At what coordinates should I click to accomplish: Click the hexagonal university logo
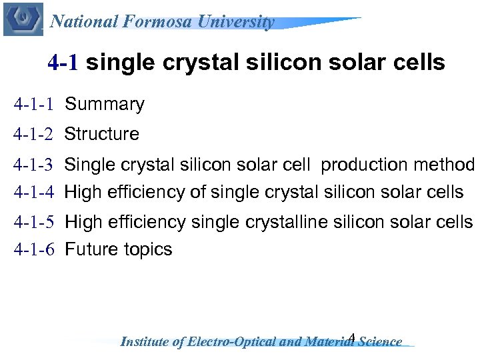23,18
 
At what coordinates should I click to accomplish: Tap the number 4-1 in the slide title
63,63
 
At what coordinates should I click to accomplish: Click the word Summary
105,105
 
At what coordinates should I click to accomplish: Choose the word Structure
102,134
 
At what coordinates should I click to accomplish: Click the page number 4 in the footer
352,337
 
